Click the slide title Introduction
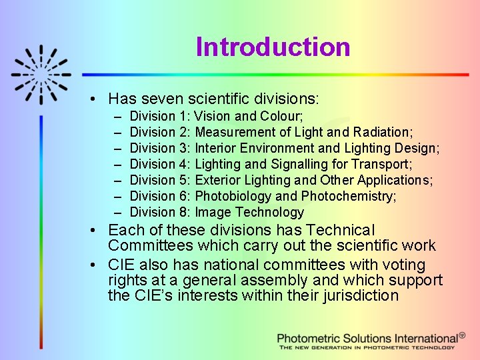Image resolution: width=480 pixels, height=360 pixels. coord(273,47)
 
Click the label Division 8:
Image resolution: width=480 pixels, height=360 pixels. coord(160,213)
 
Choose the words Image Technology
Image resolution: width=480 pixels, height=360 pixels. coord(249,213)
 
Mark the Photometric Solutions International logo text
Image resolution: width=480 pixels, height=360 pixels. coord(368,338)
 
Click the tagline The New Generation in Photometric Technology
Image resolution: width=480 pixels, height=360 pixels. coord(367,347)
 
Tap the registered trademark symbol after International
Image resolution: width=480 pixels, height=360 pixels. coord(463,336)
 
